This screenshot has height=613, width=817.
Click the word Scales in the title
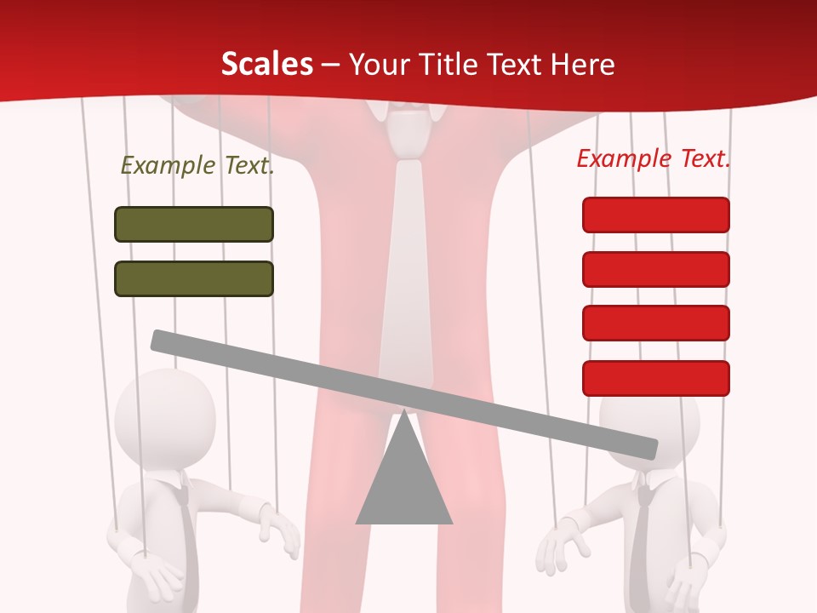click(x=266, y=65)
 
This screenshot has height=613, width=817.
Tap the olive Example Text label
click(x=197, y=165)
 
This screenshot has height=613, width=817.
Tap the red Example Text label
click(x=654, y=158)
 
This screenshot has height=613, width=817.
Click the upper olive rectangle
click(x=194, y=225)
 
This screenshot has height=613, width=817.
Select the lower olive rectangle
click(x=194, y=279)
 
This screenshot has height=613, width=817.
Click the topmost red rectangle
click(x=655, y=215)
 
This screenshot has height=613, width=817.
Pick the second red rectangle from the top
click(x=655, y=269)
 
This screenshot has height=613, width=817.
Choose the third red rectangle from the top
click(x=655, y=324)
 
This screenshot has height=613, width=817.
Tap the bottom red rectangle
click(x=655, y=378)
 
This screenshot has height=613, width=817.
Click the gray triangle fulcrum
click(x=404, y=481)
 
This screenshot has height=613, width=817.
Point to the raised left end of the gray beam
click(x=160, y=340)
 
